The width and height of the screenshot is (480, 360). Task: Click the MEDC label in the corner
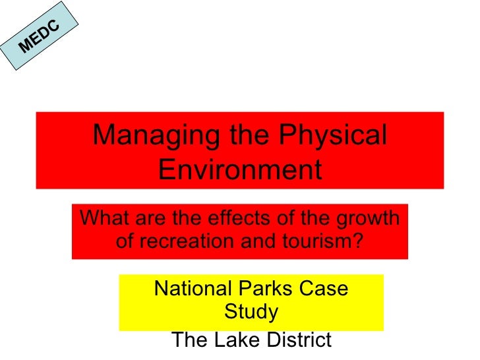pos(39,37)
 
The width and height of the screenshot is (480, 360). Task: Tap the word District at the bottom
pos(297,340)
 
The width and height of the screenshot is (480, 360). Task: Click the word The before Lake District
pos(189,340)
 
